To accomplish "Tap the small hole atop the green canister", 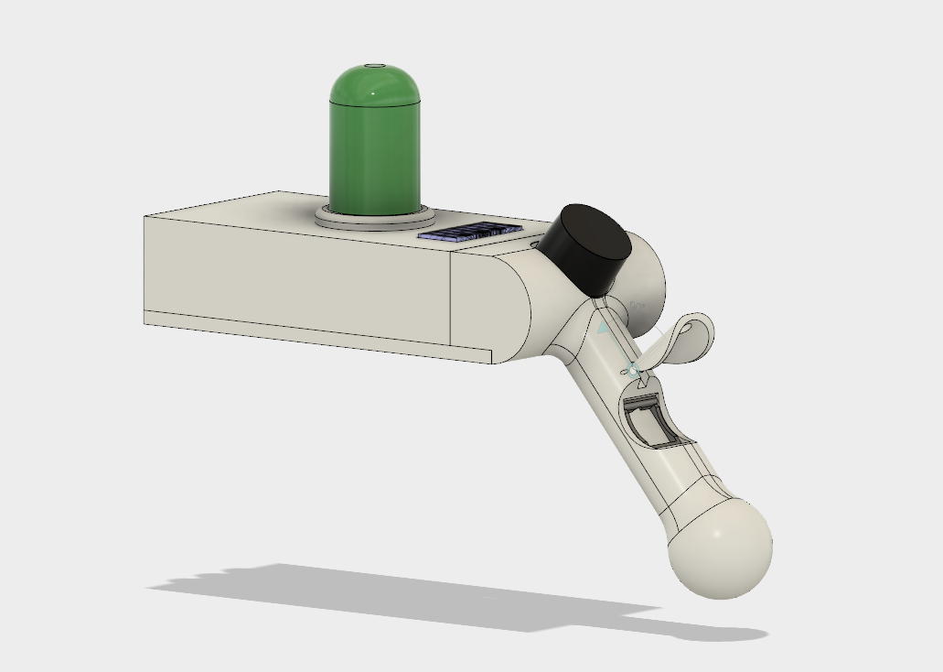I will click(x=373, y=67).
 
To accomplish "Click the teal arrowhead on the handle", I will click(x=603, y=326).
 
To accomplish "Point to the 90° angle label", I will click(x=638, y=305).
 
